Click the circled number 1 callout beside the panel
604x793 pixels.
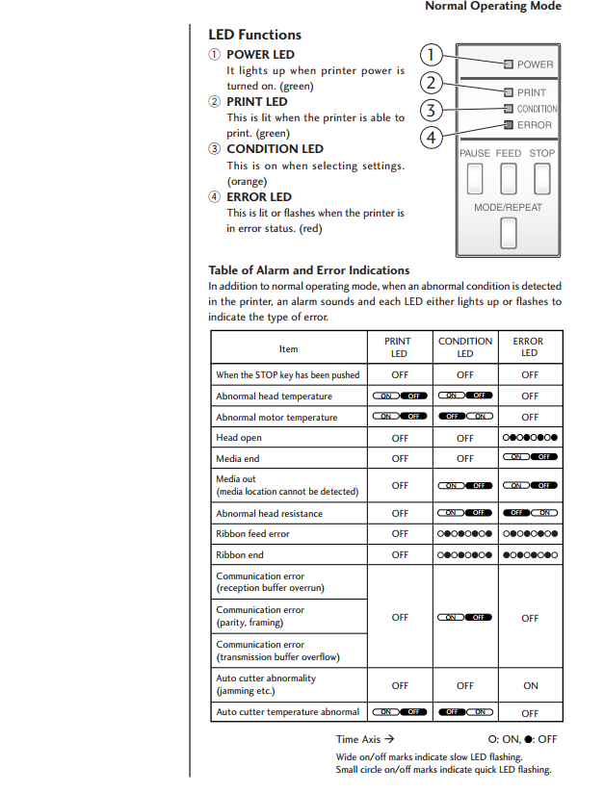tap(434, 55)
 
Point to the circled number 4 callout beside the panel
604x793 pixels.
tap(434, 137)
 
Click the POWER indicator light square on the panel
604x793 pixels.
tap(508, 64)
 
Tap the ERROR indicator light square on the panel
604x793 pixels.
tap(508, 125)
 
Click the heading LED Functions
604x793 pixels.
tap(254, 35)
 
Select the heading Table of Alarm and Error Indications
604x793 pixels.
tap(308, 270)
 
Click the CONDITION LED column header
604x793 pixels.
tap(465, 346)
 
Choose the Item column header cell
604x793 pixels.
tap(288, 348)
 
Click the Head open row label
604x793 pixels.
tap(239, 438)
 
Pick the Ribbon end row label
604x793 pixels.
tap(240, 555)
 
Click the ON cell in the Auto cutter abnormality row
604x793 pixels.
tap(530, 686)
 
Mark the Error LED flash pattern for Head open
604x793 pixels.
tap(530, 438)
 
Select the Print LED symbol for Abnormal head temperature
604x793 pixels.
tap(400, 396)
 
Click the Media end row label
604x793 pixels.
tap(238, 459)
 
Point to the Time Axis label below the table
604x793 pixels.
tap(365, 740)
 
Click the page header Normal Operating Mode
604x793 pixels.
tap(493, 7)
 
